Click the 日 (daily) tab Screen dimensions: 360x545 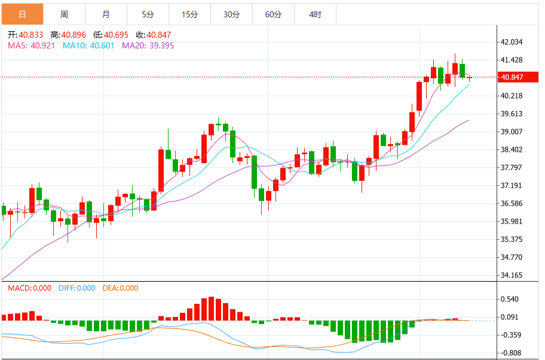click(22, 14)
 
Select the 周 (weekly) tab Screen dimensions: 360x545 click(64, 14)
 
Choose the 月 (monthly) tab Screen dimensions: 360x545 click(106, 14)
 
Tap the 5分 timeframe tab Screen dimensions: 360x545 click(148, 14)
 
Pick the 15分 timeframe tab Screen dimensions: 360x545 click(189, 14)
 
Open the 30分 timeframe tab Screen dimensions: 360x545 click(231, 14)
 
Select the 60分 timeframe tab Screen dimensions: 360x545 click(273, 14)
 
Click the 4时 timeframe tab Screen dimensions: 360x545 click(315, 14)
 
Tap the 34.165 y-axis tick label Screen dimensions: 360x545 click(512, 276)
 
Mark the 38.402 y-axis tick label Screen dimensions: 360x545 click(512, 150)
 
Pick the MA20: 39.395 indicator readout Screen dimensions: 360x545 click(148, 45)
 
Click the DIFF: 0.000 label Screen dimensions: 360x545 click(77, 288)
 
